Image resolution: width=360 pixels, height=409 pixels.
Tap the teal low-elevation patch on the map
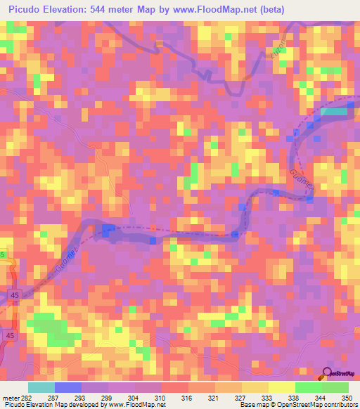[x=333, y=110]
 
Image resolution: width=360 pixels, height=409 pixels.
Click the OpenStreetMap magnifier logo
[x=326, y=373]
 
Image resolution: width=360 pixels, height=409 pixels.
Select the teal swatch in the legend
[x=41, y=387]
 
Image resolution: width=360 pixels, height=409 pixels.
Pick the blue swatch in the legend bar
[x=67, y=387]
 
